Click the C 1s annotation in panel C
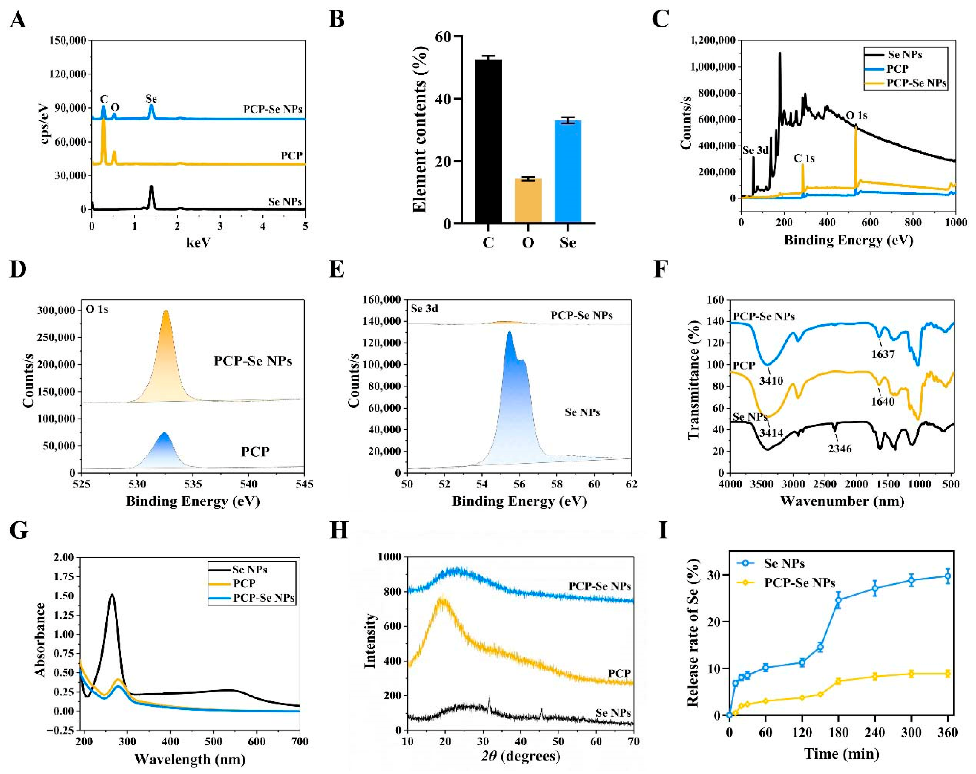click(804, 158)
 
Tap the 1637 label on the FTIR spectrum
click(883, 354)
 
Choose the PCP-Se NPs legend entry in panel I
click(799, 582)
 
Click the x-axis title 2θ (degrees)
click(520, 756)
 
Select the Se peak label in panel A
click(151, 99)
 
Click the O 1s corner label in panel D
click(97, 309)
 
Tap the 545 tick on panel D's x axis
click(304, 484)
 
